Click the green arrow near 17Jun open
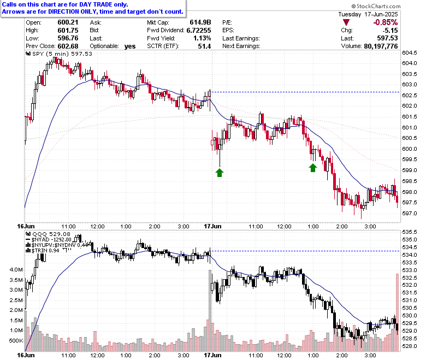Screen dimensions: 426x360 (x=220, y=173)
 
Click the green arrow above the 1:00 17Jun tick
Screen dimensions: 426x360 (x=313, y=168)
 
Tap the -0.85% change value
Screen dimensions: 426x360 (x=385, y=22)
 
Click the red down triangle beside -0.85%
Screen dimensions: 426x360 (x=346, y=22)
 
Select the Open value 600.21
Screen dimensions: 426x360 (x=68, y=22)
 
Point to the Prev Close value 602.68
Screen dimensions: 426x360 (x=68, y=46)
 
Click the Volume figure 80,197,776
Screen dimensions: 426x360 (x=381, y=46)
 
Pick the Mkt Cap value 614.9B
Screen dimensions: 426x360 (x=200, y=22)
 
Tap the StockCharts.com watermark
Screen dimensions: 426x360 (x=376, y=6)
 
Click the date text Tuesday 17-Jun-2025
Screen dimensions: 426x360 (x=368, y=14)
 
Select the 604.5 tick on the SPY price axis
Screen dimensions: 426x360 (x=410, y=52)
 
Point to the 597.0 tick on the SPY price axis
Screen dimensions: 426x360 (x=410, y=213)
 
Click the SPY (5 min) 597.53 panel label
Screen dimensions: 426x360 (x=59, y=54)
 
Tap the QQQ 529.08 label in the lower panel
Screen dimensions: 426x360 (x=48, y=234)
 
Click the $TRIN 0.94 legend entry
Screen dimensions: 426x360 (x=43, y=251)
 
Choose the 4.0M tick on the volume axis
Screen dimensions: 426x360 (x=16, y=270)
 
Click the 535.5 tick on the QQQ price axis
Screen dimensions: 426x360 (x=410, y=232)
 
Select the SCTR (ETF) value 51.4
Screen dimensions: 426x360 (x=204, y=46)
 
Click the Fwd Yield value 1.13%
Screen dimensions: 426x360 (x=202, y=38)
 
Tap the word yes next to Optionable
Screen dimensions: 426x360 (x=130, y=46)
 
